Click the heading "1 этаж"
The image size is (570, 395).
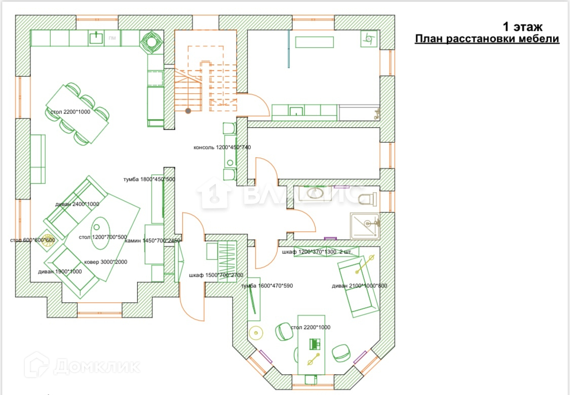click(x=522, y=26)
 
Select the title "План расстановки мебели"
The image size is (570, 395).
click(x=487, y=39)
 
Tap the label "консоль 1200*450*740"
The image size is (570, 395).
click(x=222, y=148)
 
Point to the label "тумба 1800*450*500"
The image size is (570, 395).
click(x=149, y=179)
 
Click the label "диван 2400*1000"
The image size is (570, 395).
click(x=77, y=204)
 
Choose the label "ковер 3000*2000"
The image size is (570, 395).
click(x=106, y=262)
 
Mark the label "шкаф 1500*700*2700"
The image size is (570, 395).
click(x=216, y=275)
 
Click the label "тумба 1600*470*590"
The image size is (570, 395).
click(x=268, y=285)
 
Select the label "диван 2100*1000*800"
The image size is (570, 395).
click(x=359, y=285)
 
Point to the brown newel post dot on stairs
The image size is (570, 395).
click(x=188, y=110)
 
